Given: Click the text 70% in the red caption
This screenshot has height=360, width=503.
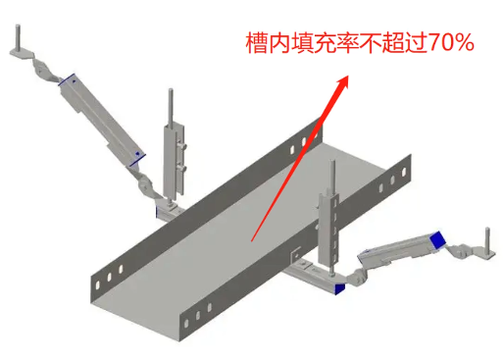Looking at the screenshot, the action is click(x=448, y=44).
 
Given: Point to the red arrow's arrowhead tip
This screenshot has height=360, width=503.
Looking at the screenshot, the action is click(x=347, y=81).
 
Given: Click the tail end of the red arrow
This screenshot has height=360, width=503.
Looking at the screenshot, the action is click(x=252, y=238).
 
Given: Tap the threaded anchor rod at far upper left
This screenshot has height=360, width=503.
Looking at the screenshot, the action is click(x=20, y=36).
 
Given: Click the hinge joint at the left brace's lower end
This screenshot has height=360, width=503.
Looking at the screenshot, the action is click(x=145, y=182).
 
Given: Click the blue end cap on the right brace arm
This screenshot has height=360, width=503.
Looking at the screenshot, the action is click(x=437, y=239).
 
